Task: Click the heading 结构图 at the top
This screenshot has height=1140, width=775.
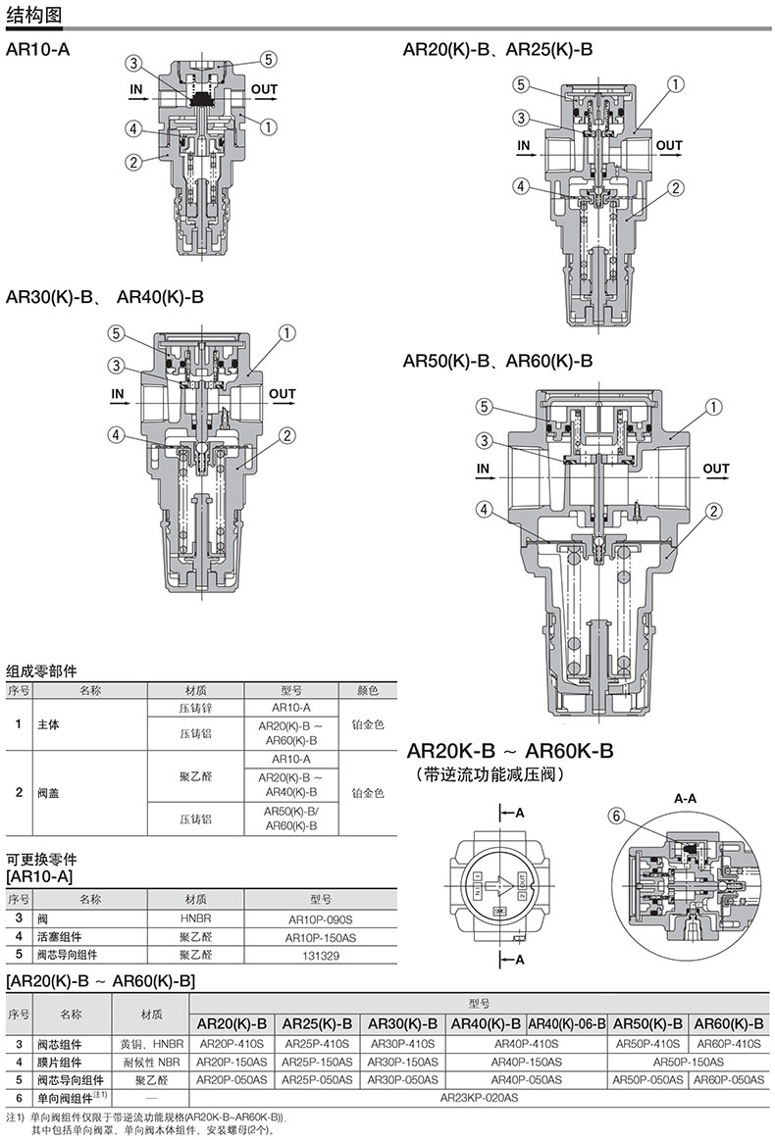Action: pyautogui.click(x=34, y=15)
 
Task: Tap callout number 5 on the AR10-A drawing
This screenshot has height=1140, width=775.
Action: pyautogui.click(x=269, y=60)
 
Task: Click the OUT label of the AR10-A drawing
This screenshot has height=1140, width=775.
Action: pyautogui.click(x=264, y=89)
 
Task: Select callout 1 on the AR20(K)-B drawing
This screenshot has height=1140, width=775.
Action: pyautogui.click(x=676, y=84)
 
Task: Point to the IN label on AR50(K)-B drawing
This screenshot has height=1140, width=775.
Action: pyautogui.click(x=484, y=469)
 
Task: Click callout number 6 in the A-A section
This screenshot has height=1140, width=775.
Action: pyautogui.click(x=616, y=817)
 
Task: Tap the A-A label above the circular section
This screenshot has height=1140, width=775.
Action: pyautogui.click(x=685, y=798)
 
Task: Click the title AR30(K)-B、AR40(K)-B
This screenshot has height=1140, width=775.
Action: pyautogui.click(x=105, y=297)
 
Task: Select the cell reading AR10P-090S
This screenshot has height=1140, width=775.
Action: pyautogui.click(x=320, y=919)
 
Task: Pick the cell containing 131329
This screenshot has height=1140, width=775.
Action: pyautogui.click(x=320, y=956)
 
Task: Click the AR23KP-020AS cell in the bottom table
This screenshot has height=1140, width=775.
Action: pyautogui.click(x=479, y=1097)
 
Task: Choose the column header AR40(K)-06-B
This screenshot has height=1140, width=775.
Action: pyautogui.click(x=567, y=1023)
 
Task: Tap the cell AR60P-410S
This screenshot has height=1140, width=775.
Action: pyautogui.click(x=729, y=1043)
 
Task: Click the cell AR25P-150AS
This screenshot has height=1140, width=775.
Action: pyautogui.click(x=317, y=1062)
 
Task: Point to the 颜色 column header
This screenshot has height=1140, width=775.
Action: pyautogui.click(x=368, y=690)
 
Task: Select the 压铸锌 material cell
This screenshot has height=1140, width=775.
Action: pyautogui.click(x=196, y=708)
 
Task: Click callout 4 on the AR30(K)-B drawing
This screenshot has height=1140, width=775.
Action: pyautogui.click(x=117, y=435)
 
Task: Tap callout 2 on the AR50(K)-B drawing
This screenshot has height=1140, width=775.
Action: pyautogui.click(x=714, y=511)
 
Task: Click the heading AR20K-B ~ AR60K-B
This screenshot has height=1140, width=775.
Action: pyautogui.click(x=510, y=750)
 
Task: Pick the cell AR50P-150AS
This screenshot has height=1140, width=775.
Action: pyautogui.click(x=689, y=1062)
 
